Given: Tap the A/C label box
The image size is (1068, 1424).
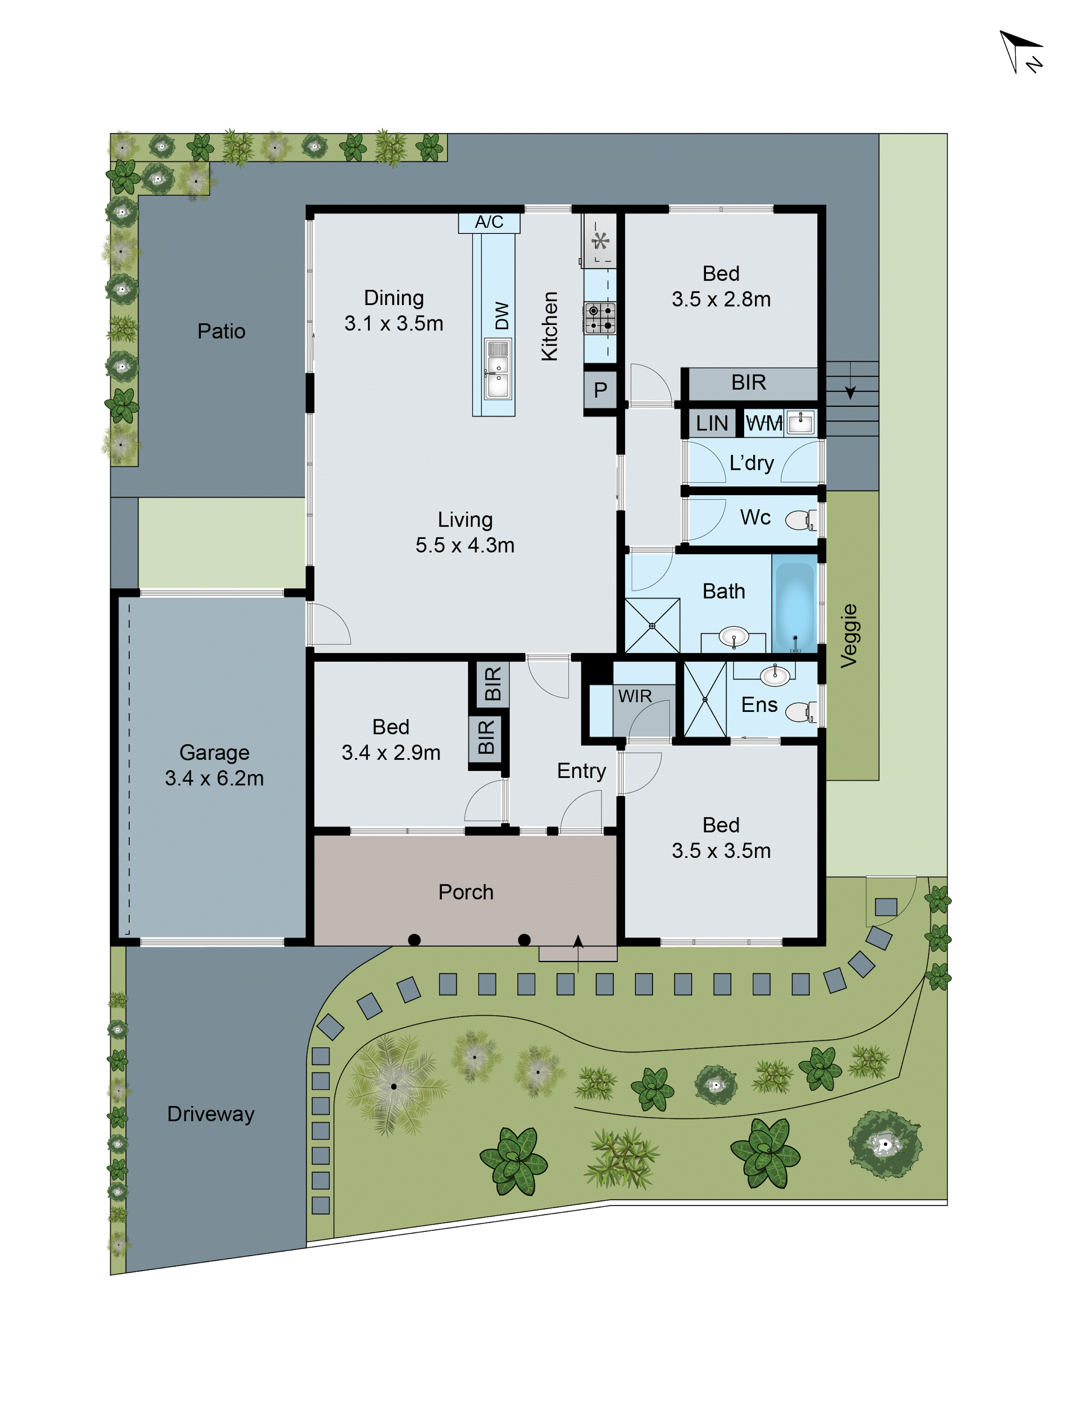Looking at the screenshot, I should (x=489, y=222).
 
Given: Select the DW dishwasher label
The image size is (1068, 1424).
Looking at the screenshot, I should (x=502, y=315).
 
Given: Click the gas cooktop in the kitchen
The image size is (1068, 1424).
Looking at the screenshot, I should (x=600, y=318).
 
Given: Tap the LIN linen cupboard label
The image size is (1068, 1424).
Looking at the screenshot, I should (x=711, y=423).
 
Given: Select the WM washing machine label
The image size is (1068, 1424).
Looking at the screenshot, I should (x=764, y=423).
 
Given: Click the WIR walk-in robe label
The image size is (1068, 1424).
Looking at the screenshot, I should (x=635, y=696).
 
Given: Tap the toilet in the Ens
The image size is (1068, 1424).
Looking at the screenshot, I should (x=801, y=712).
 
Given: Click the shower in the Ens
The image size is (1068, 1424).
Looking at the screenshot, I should (x=704, y=699).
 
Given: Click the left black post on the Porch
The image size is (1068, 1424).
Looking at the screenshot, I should (x=415, y=940).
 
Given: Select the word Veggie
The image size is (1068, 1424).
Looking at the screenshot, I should (x=849, y=635).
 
